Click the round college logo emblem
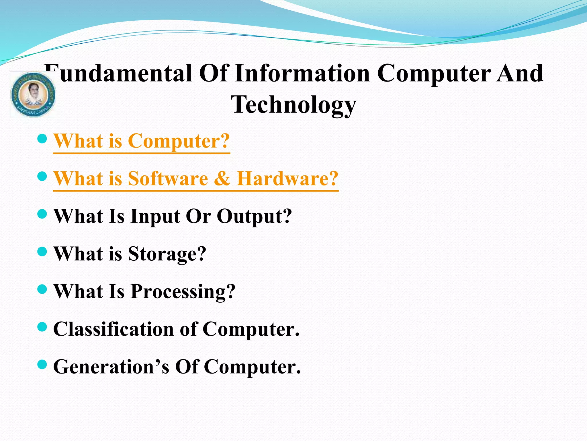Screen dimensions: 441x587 pos(33,94)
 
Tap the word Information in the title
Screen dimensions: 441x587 pos(302,73)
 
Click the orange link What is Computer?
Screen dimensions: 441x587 pos(142,141)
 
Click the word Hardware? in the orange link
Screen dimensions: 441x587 pos(287,179)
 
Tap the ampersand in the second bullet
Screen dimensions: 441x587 pos(222,179)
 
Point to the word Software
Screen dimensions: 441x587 pos(168,179)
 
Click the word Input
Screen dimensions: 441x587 pos(155,216)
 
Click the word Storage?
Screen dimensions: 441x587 pos(167,254)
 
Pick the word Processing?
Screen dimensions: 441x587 pos(183,292)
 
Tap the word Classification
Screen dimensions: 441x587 pos(114,329)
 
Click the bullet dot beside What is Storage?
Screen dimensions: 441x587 pos(42,252)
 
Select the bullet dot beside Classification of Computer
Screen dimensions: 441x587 pos(42,327)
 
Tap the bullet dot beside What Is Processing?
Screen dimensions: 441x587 pos(42,289)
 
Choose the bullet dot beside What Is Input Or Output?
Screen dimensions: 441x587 pos(42,214)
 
